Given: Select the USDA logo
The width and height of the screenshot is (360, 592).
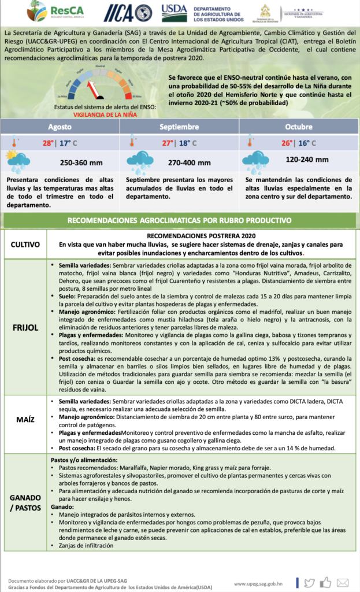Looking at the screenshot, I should pyautogui.click(x=174, y=12).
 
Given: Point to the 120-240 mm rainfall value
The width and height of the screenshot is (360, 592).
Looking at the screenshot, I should pyautogui.click(x=307, y=159).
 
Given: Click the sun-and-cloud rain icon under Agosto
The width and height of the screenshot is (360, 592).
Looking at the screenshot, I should pyautogui.click(x=18, y=161).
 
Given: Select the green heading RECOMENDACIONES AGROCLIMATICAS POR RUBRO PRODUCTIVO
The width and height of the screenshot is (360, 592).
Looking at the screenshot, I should pyautogui.click(x=179, y=220).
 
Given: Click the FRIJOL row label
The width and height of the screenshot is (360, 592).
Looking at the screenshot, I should pyautogui.click(x=25, y=327).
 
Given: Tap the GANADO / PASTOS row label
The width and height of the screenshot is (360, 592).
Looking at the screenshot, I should pyautogui.click(x=25, y=502).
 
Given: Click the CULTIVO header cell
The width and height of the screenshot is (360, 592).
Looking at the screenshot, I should pyautogui.click(x=25, y=245).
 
